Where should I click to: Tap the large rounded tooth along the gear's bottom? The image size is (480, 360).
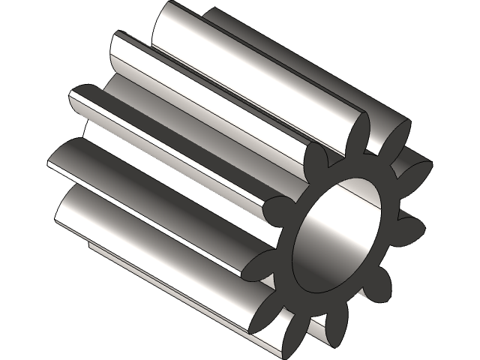[x=150, y=240]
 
